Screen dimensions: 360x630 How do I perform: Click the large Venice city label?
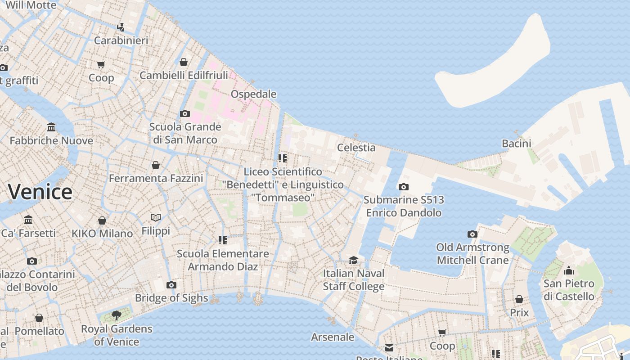coord(40,192)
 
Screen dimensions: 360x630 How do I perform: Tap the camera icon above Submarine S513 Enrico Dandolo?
coord(404,187)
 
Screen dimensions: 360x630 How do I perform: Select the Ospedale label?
coord(253,94)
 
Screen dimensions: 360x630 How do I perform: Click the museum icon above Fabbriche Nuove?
coord(51,127)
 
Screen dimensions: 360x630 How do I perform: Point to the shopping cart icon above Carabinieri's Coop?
coord(101,65)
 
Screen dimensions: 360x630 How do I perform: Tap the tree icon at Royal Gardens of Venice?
coord(117,315)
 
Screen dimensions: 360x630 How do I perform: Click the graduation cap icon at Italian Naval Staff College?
coord(354,260)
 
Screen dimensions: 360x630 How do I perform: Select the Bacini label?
coord(516,144)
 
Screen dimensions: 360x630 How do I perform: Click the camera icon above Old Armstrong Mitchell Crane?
coord(472,234)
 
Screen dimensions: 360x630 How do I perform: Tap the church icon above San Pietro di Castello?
coord(569,270)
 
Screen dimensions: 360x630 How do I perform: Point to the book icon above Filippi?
coord(156,218)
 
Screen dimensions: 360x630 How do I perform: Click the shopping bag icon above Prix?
coord(519,299)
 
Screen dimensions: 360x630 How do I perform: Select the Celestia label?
coord(356,148)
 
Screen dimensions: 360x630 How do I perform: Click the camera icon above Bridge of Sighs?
coord(171,285)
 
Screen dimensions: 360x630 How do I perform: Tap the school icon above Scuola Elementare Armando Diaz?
coord(223,240)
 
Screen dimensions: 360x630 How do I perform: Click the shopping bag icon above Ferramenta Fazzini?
coord(156,165)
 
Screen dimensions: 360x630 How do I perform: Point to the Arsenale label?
coord(333,337)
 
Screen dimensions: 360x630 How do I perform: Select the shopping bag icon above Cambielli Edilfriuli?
coord(183,62)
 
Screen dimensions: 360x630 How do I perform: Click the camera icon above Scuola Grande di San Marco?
coord(185,113)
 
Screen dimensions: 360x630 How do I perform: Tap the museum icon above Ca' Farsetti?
coord(29,220)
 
